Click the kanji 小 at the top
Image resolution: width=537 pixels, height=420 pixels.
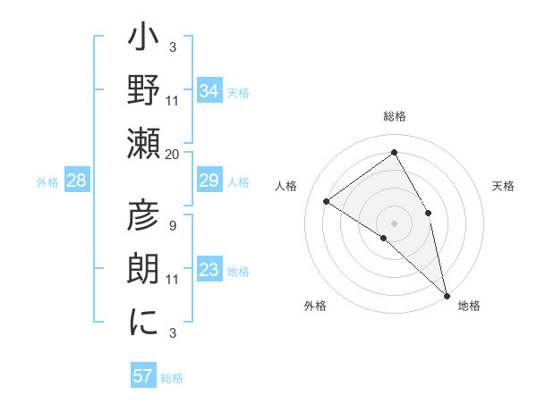pos(144,39)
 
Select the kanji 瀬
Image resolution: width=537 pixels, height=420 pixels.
pos(144,145)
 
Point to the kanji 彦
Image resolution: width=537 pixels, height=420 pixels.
pos(144,216)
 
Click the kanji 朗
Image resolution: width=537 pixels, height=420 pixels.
pos(144,270)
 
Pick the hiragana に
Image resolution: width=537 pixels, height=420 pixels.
pos(144,323)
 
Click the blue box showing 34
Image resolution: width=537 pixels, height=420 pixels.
pos(209,90)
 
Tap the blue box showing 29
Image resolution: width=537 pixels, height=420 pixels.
pos(209,181)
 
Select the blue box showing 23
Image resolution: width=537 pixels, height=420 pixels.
pos(209,271)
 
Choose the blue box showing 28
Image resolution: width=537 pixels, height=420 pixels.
pos(76,181)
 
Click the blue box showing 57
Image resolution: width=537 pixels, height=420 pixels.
pos(142,376)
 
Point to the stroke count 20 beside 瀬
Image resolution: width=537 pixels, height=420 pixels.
pos(173,154)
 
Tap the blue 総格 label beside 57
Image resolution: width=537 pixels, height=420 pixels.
pos(172,378)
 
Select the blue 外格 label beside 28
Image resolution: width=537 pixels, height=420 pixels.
pos(47,182)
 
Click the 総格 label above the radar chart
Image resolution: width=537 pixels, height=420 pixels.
pos(395,116)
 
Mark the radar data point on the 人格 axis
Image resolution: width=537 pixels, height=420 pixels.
pos(327,201)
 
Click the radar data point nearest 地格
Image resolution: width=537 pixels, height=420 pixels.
pos(446,293)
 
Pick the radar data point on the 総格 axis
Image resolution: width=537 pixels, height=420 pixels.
pos(395,152)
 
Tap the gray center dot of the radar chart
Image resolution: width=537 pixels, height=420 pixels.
pos(395,223)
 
